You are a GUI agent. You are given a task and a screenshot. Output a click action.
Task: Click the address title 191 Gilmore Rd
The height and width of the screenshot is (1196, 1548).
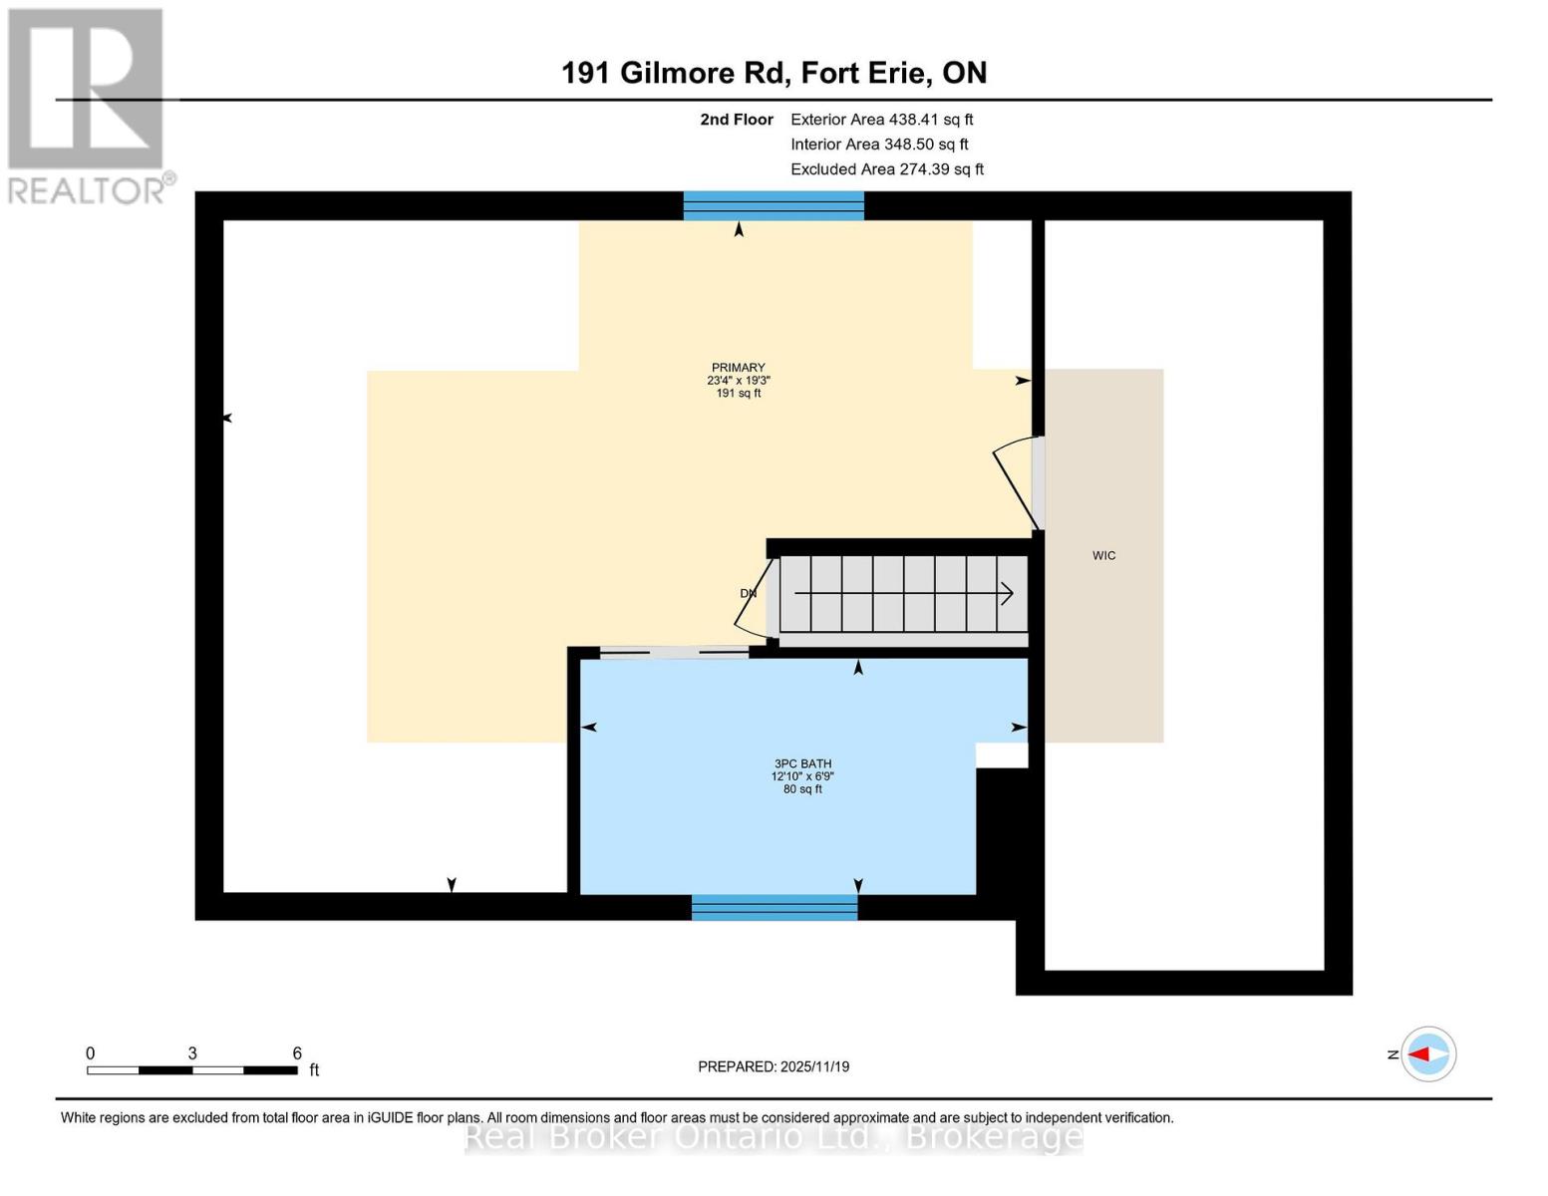point(774,73)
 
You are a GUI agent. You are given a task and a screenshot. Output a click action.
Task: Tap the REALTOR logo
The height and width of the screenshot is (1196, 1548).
point(88,106)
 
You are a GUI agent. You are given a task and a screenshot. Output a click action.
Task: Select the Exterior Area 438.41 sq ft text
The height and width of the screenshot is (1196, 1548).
point(881,120)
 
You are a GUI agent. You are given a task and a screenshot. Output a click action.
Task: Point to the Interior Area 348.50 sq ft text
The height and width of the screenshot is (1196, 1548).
point(879,145)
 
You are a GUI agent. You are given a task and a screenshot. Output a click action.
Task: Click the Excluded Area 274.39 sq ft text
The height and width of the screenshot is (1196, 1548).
point(887,169)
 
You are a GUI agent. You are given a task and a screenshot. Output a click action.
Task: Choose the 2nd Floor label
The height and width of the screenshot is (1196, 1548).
point(737,120)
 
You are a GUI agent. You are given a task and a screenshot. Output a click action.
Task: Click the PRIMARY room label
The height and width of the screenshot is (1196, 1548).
point(739,380)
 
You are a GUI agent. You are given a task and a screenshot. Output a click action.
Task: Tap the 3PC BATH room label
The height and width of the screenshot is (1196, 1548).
point(802,776)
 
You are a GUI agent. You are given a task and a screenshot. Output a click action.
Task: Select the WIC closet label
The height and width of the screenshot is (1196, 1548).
point(1103,556)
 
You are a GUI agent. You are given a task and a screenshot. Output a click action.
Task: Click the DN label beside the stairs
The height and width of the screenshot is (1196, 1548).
point(749,594)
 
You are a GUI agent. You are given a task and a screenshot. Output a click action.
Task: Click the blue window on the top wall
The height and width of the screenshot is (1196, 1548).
point(774,206)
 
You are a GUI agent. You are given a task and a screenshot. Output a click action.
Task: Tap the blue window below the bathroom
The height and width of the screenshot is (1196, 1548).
point(774,907)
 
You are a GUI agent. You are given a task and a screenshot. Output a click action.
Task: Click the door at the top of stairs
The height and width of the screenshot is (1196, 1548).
point(756,596)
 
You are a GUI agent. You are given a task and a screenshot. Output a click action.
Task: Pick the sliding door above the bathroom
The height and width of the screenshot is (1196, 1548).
point(674,653)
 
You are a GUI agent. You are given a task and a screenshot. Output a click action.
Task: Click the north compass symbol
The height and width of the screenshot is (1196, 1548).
point(1428,1054)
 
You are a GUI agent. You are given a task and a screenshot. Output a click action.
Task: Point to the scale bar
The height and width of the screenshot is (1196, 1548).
point(192,1070)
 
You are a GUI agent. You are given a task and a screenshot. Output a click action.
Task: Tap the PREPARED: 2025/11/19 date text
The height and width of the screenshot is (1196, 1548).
point(774,1066)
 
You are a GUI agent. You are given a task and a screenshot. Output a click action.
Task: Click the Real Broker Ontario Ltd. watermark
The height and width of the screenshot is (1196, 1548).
point(774,1136)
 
